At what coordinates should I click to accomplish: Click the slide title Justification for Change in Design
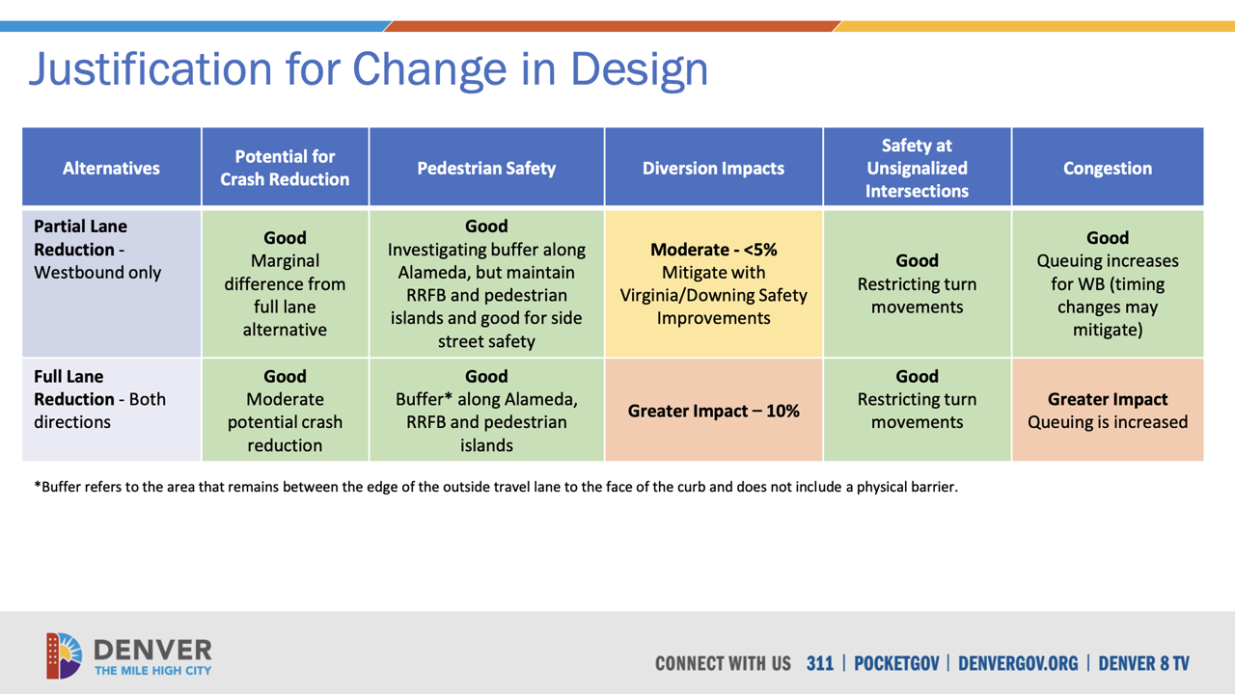coord(368,69)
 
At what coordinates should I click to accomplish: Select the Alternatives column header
coord(111,168)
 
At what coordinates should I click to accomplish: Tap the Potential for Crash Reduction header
coord(285,168)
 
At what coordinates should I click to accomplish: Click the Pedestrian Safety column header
coord(486,168)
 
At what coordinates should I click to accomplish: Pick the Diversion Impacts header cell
coord(713,168)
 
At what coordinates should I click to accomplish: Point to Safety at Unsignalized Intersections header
coord(917,168)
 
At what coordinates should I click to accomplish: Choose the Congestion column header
coord(1107,168)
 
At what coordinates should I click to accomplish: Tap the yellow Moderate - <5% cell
coord(713,283)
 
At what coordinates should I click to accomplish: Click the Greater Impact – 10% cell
coord(713,411)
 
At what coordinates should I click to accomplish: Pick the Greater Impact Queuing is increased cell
coord(1107,411)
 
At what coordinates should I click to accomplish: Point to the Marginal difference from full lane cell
coord(285,283)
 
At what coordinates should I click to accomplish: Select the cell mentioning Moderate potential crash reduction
coord(285,411)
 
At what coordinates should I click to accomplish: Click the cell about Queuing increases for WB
coord(1107,283)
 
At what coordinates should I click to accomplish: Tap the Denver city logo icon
coord(64,655)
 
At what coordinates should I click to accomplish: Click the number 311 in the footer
coord(819,663)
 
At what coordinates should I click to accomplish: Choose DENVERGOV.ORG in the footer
coord(1017,663)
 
